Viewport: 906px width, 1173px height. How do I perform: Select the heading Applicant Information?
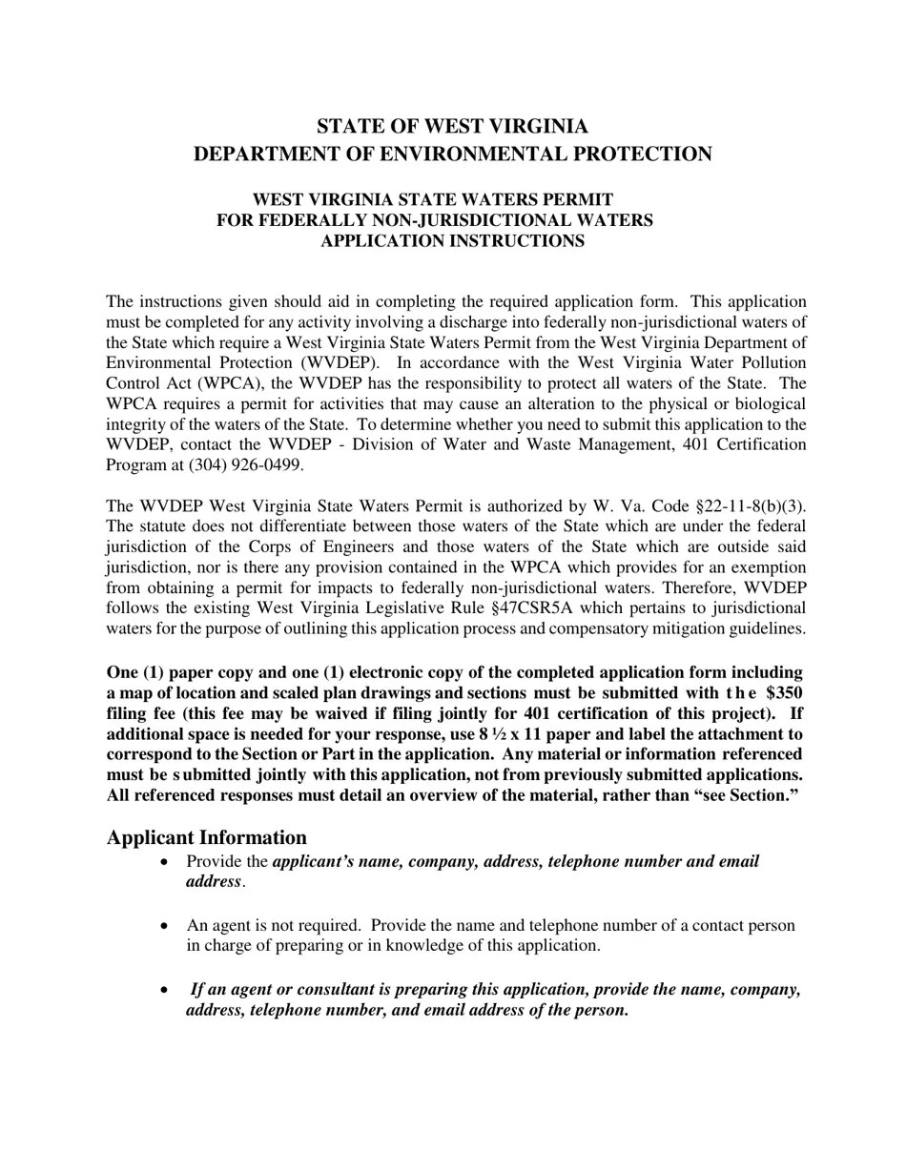pos(206,838)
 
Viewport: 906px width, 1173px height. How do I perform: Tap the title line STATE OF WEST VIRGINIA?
pos(452,127)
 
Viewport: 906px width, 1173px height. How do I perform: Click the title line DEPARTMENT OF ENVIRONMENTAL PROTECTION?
pos(452,154)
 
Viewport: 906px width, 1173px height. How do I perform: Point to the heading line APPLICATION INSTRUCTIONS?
pos(452,241)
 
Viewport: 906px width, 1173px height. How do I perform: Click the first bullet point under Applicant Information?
pos(167,862)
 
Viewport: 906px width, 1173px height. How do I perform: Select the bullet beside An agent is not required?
pos(167,926)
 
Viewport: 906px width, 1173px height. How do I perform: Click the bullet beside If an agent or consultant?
pos(167,990)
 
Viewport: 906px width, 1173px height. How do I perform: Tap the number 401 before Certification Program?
pos(695,445)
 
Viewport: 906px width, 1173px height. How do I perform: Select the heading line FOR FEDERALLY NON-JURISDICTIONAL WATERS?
pos(435,221)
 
